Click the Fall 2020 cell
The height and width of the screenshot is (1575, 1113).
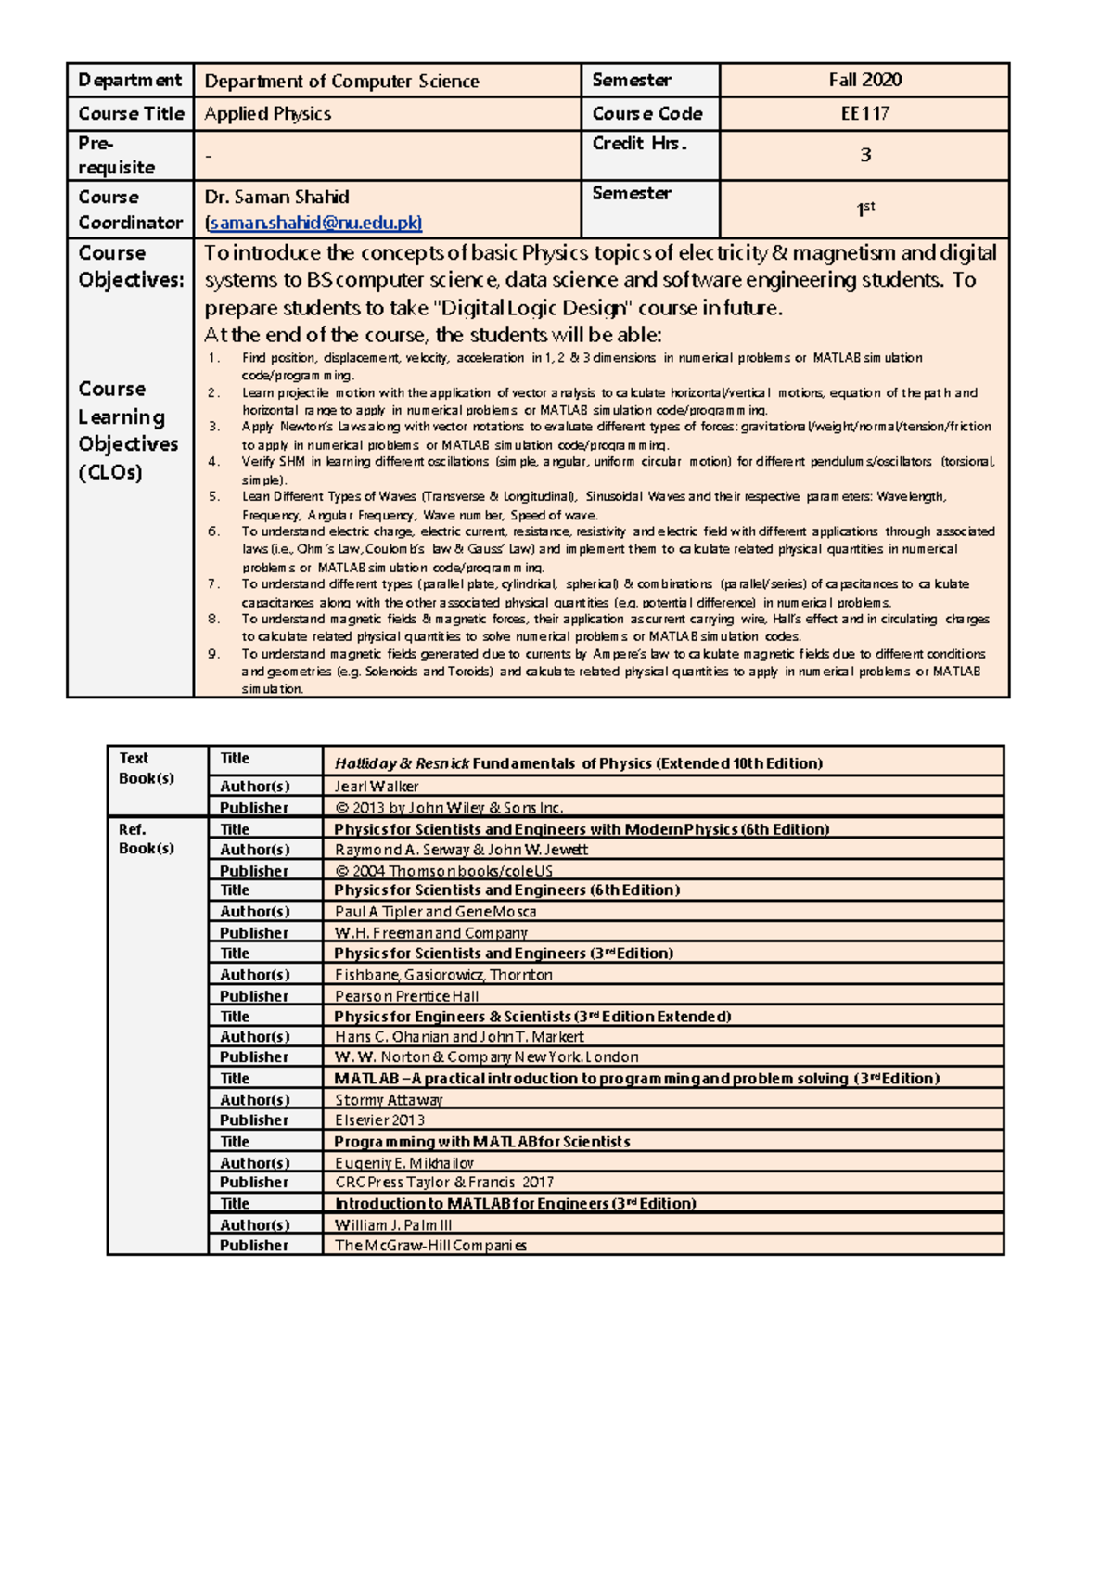864,81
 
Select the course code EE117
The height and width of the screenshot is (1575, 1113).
864,114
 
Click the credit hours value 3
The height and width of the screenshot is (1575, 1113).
864,155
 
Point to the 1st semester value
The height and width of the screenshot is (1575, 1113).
864,210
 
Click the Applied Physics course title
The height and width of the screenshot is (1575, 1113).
268,114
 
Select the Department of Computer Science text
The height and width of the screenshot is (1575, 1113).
341,82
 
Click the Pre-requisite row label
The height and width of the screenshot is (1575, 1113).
116,155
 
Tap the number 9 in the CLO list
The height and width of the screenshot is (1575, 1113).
213,654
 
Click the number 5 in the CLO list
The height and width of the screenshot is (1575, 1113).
213,497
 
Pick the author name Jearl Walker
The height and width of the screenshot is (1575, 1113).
377,787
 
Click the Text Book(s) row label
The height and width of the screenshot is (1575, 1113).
147,768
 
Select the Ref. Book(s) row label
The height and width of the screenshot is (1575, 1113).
147,839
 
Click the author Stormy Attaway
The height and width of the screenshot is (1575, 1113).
389,1100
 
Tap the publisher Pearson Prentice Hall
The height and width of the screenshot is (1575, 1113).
407,996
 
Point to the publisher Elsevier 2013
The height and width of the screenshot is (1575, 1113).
379,1120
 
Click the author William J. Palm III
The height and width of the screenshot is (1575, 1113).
393,1225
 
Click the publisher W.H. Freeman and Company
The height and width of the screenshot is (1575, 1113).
431,933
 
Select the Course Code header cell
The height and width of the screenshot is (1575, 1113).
647,114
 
